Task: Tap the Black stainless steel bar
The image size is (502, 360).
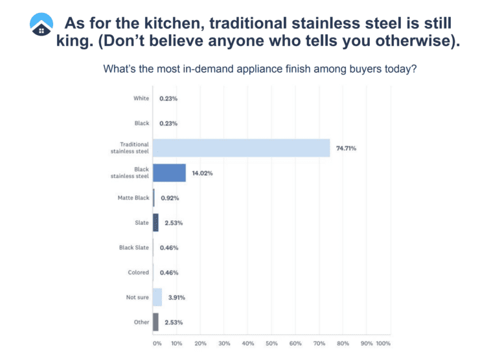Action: pos(169,173)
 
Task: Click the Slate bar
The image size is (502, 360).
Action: pos(155,223)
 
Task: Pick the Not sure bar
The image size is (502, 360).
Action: pos(157,297)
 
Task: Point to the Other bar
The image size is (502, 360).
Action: pos(155,322)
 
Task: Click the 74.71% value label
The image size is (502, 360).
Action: pos(346,148)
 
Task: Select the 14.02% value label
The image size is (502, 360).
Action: pos(202,173)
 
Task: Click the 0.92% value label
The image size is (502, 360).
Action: pos(169,198)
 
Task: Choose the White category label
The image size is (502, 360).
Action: pos(141,98)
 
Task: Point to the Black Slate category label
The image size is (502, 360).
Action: pos(133,247)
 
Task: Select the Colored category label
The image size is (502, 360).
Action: pos(138,273)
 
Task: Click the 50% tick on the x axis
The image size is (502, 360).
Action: pos(271,343)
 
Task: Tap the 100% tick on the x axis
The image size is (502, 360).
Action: pos(383,343)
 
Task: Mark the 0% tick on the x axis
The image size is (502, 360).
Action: pos(157,343)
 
